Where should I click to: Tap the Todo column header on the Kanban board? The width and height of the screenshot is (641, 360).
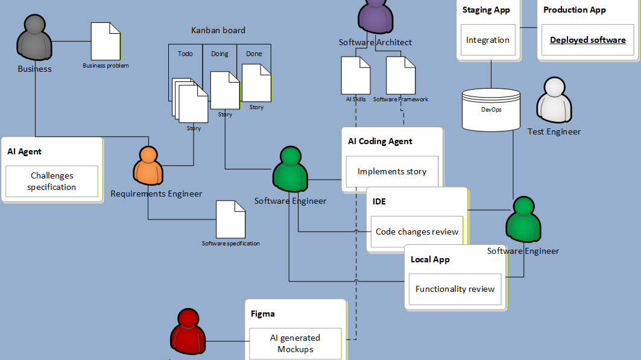point(185,54)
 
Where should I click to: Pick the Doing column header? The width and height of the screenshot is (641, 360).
point(219,54)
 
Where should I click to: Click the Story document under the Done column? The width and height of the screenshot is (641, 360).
point(256,83)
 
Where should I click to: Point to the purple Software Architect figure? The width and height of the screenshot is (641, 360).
point(375,15)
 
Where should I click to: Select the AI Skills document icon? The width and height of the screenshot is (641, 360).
point(356,75)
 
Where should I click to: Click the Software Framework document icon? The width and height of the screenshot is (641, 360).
point(400,75)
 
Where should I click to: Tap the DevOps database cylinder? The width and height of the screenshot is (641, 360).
point(490,109)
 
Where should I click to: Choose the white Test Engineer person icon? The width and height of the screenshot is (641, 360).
point(554,101)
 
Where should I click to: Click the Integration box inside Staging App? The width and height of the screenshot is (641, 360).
point(488,40)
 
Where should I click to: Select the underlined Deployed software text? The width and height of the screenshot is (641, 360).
point(587,40)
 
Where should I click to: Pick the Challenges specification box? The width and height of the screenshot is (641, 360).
point(52,182)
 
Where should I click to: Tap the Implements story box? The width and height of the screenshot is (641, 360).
point(392,171)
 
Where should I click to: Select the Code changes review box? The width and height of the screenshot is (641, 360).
point(417,232)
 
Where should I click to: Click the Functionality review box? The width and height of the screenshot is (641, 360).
point(455,289)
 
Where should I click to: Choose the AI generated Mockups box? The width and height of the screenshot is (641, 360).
point(295,343)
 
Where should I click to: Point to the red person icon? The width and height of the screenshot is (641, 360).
point(188,335)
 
